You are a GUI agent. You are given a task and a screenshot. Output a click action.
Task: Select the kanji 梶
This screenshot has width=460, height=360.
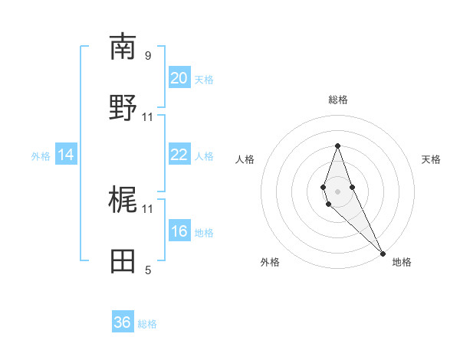tap(123, 200)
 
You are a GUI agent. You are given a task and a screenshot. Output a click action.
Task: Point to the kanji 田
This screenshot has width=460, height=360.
tap(123, 261)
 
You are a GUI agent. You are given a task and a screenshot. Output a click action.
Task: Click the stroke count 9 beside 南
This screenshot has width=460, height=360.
tap(148, 55)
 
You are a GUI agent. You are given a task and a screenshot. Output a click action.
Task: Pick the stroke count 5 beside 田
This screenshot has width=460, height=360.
tap(148, 270)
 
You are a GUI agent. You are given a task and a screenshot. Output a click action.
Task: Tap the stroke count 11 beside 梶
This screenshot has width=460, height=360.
tap(148, 208)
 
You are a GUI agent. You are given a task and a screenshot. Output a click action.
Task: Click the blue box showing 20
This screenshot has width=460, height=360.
tap(179, 78)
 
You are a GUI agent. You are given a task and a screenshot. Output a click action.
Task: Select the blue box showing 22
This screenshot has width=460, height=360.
tap(179, 155)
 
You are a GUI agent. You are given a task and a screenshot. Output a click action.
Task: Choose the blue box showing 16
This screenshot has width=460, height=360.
tap(179, 231)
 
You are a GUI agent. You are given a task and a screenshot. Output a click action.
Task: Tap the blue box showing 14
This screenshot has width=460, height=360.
tap(66, 155)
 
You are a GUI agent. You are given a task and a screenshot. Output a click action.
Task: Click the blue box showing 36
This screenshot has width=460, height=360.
tap(123, 322)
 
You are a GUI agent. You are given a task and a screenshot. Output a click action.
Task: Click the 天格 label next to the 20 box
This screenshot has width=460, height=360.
tap(204, 80)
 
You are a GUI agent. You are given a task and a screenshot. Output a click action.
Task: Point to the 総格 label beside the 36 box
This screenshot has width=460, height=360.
tap(147, 324)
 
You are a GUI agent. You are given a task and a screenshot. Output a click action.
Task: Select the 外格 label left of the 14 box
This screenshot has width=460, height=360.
tap(41, 156)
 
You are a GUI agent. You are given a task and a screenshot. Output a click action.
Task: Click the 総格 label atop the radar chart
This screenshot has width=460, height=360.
tap(337, 100)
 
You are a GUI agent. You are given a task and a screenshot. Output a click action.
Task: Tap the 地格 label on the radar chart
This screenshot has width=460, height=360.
tap(402, 262)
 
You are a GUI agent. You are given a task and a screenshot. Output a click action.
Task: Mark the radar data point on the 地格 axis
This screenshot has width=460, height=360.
tap(383, 253)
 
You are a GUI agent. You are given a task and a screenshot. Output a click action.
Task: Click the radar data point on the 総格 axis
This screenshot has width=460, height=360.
tap(337, 146)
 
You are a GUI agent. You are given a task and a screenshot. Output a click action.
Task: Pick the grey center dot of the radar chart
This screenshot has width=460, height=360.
tap(337, 191)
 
